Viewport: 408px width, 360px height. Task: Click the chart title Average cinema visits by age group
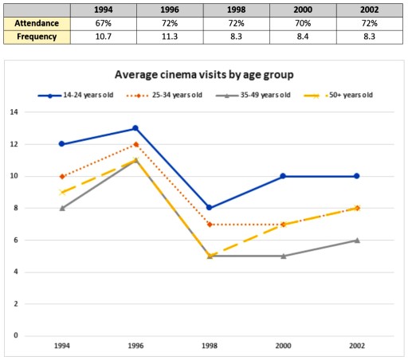tap(204, 74)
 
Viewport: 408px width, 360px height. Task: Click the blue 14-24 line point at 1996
tap(135, 127)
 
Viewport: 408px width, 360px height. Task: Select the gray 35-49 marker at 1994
tap(61, 208)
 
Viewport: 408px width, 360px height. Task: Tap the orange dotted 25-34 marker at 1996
tap(135, 144)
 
